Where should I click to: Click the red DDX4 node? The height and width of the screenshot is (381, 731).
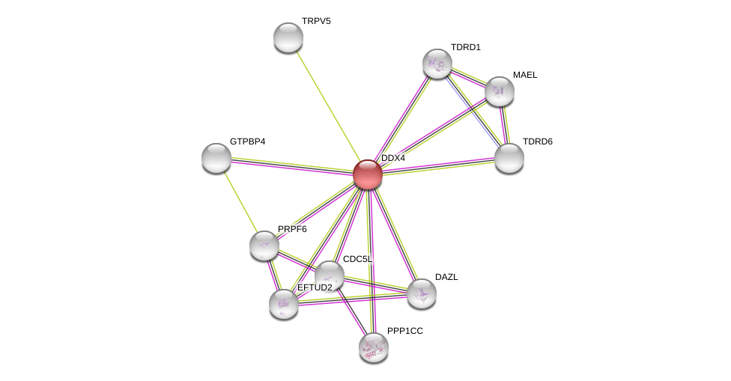368,174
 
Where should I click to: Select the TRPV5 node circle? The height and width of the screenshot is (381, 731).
288,37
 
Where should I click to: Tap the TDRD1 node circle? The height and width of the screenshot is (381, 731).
437,64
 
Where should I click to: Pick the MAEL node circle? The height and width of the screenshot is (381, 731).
500,91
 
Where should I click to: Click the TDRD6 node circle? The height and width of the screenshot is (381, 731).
509,158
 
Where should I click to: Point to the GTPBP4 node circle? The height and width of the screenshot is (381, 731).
216,158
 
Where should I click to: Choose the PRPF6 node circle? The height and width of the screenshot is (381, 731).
264,246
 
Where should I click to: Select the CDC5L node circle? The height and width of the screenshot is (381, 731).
330,275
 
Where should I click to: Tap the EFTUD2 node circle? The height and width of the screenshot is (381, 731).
284,303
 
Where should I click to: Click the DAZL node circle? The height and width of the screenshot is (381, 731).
422,293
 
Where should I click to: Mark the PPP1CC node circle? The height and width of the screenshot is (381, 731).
374,347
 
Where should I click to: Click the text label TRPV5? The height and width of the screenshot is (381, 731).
316,21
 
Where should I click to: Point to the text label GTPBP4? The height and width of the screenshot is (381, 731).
247,141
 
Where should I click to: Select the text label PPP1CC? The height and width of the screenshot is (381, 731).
404,331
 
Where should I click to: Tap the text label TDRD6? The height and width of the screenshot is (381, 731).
537,141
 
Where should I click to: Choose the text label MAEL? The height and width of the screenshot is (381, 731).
525,75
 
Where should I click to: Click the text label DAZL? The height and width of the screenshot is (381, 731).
446,277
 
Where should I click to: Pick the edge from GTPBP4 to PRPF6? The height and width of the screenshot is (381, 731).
240,201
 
